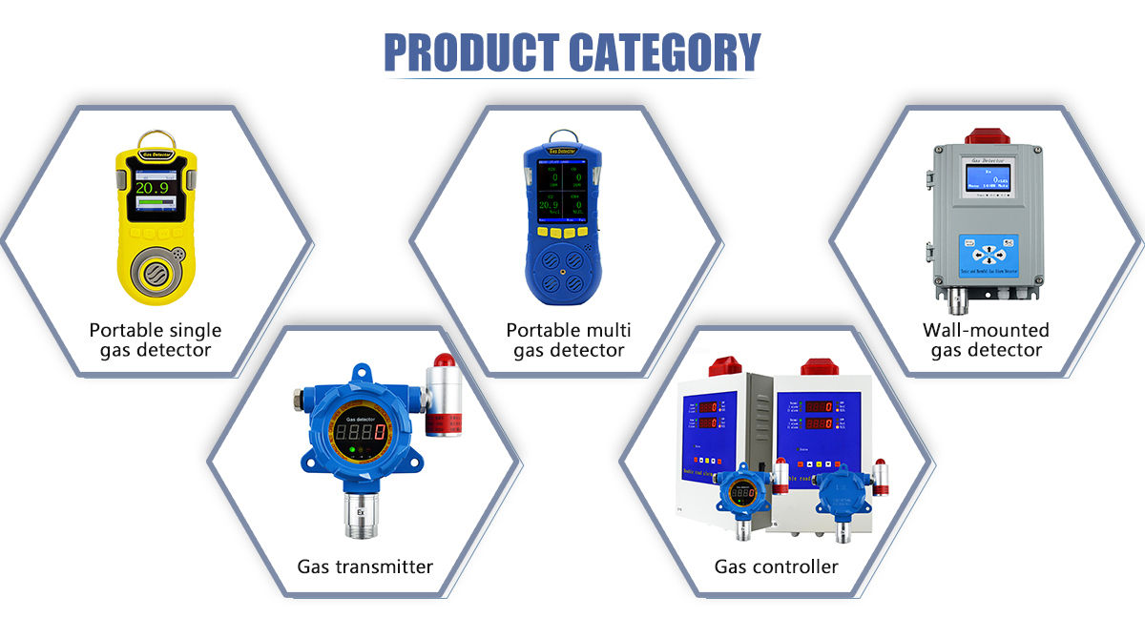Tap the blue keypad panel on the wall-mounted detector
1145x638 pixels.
click(x=988, y=256)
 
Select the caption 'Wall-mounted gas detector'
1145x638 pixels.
click(x=986, y=340)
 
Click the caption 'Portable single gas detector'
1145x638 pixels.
click(x=156, y=340)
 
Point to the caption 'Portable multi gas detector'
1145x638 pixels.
click(x=569, y=340)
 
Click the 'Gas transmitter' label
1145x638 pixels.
click(x=364, y=566)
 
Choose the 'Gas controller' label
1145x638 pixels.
click(x=777, y=566)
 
